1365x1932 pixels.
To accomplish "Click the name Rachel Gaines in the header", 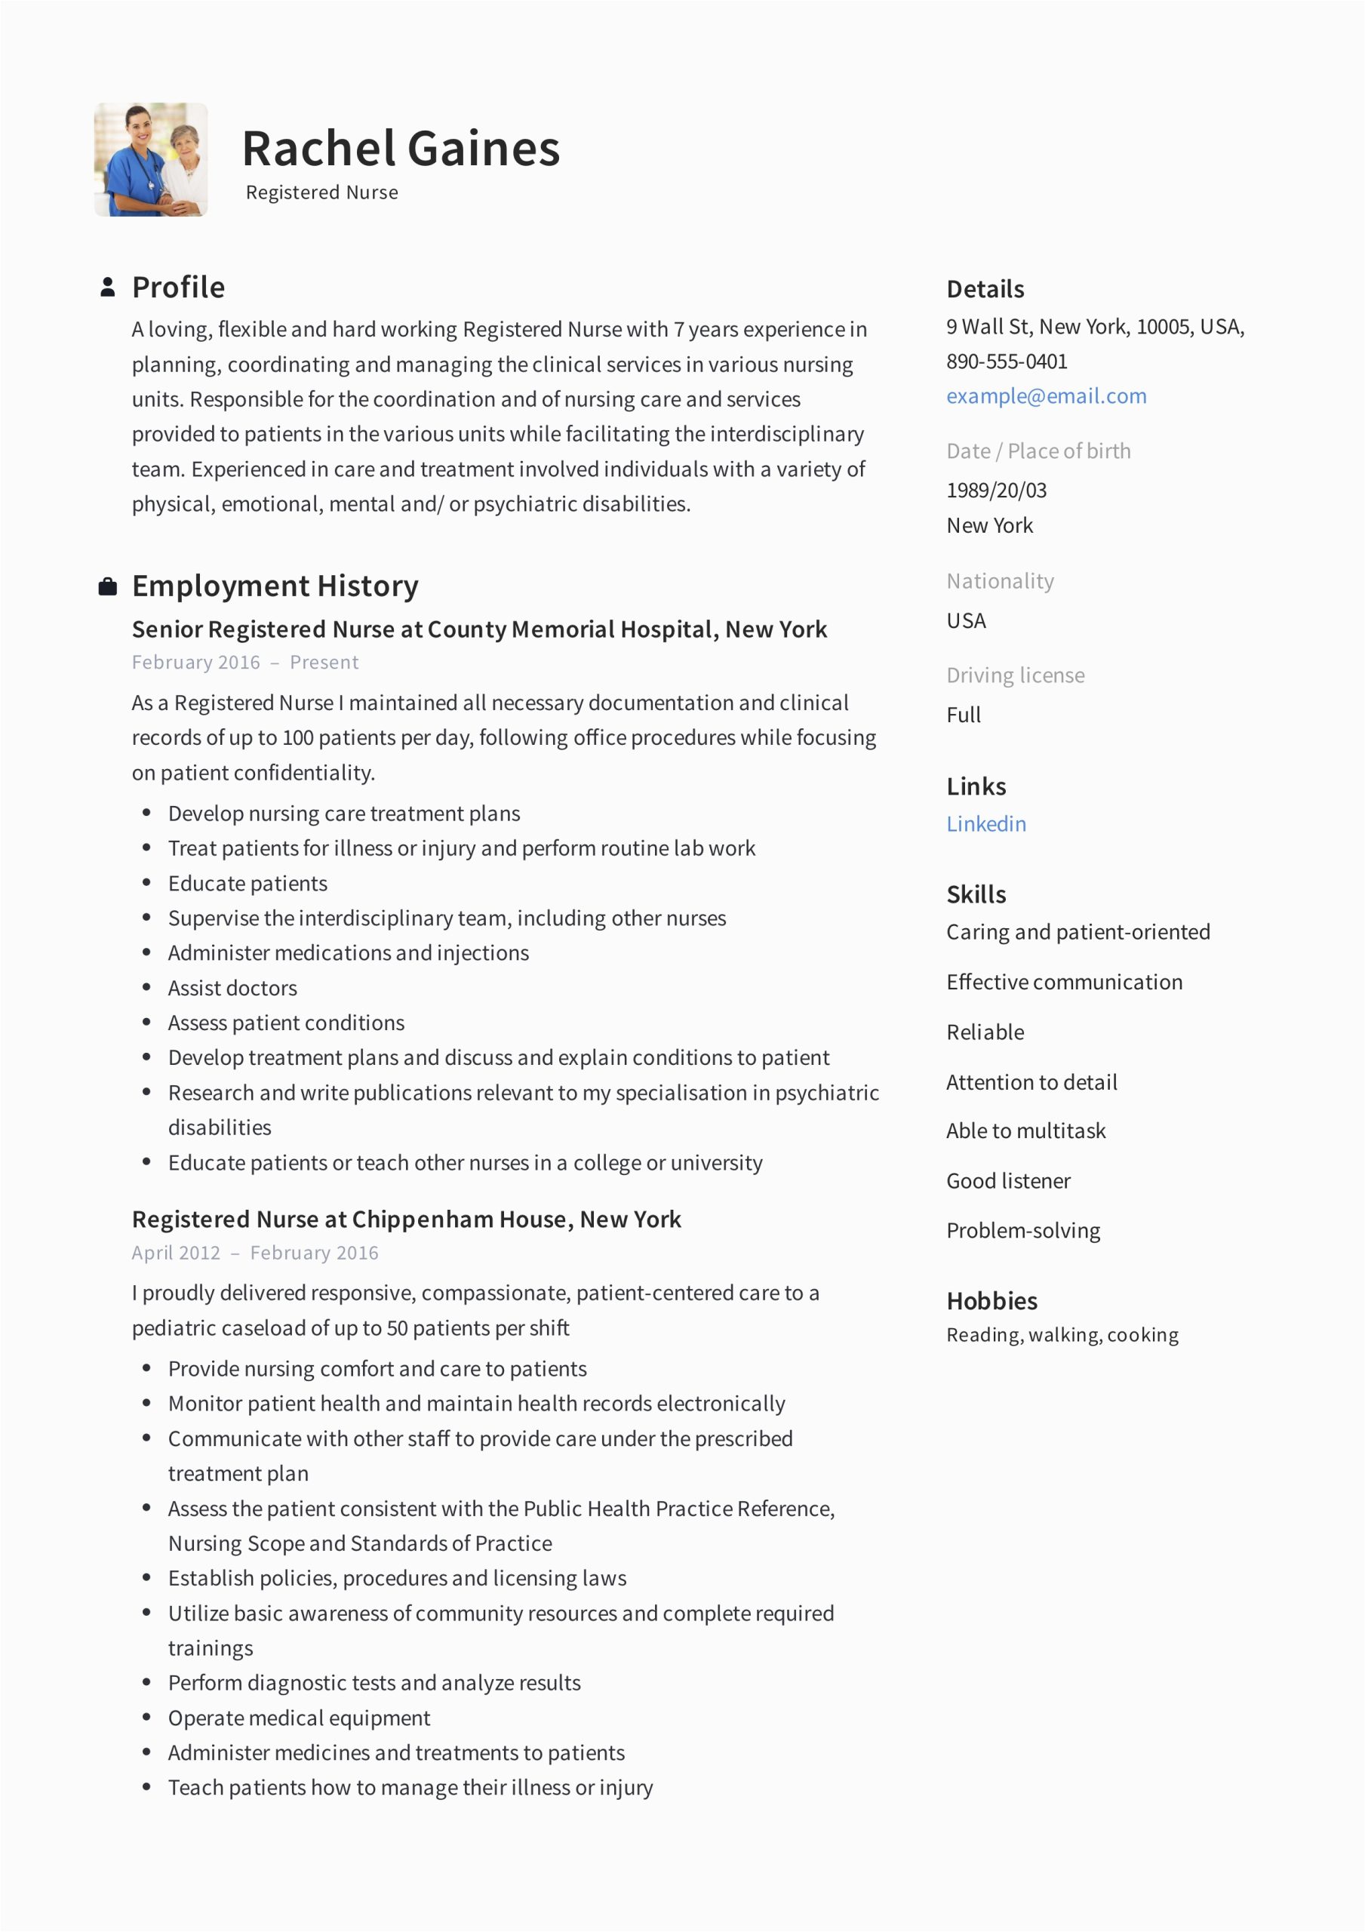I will pos(401,149).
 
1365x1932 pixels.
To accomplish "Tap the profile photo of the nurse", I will pos(151,160).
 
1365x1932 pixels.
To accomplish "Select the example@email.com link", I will pos(1046,395).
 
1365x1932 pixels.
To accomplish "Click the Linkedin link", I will pos(985,824).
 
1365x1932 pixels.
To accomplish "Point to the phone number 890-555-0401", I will pos(1007,361).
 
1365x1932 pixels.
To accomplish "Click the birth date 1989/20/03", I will pos(997,490).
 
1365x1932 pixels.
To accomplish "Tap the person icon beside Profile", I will pos(108,287).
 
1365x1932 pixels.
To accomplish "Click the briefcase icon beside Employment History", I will pos(108,586).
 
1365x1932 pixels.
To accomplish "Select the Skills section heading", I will pos(976,894).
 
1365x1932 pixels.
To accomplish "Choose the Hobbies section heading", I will pos(991,1301).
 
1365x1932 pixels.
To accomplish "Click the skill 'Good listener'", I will pos(1008,1180).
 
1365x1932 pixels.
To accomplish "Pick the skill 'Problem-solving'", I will pos(1022,1230).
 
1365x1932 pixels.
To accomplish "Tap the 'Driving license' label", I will pos(1015,675).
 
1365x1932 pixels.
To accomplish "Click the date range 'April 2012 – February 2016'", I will pos(255,1253).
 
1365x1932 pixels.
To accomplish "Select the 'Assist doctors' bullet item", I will pos(232,988).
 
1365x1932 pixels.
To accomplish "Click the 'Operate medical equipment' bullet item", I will pos(299,1718).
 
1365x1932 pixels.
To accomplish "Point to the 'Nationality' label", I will pos(1000,580).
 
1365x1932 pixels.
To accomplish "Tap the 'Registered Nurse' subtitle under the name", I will pos(321,192).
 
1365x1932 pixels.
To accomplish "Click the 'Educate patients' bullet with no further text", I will pos(247,884).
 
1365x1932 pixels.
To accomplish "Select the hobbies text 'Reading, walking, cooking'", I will pos(1062,1335).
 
